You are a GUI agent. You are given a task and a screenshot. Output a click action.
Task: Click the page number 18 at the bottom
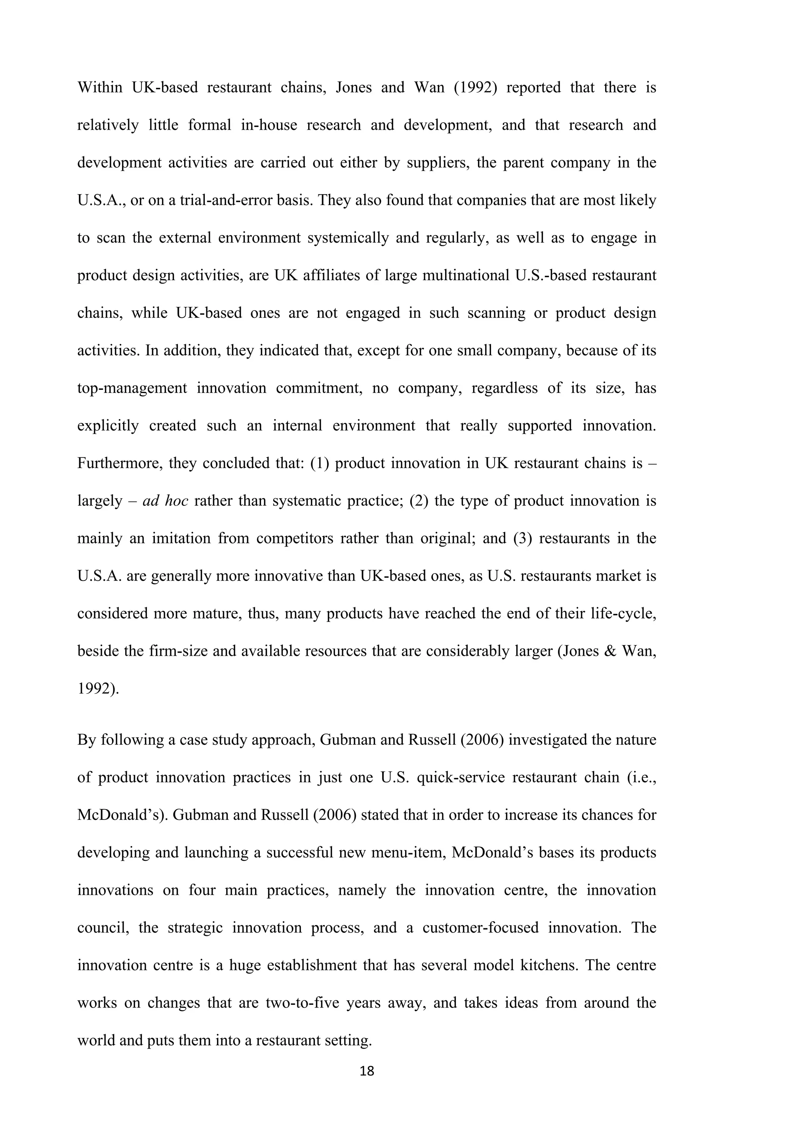pos(367,1071)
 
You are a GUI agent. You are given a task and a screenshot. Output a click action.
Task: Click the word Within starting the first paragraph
pos(100,87)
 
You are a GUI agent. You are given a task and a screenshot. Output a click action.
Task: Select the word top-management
pos(132,388)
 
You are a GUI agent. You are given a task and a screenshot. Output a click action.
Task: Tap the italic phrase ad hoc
pos(165,501)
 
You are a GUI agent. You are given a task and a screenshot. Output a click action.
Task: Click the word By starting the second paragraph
pos(86,740)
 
